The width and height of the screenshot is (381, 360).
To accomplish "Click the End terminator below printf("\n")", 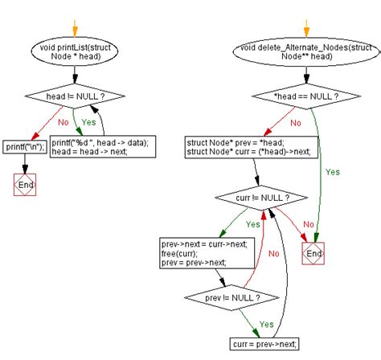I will tap(25, 186).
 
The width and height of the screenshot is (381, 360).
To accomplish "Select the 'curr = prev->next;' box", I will tap(264, 343).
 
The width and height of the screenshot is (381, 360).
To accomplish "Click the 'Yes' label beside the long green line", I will tap(333, 171).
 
